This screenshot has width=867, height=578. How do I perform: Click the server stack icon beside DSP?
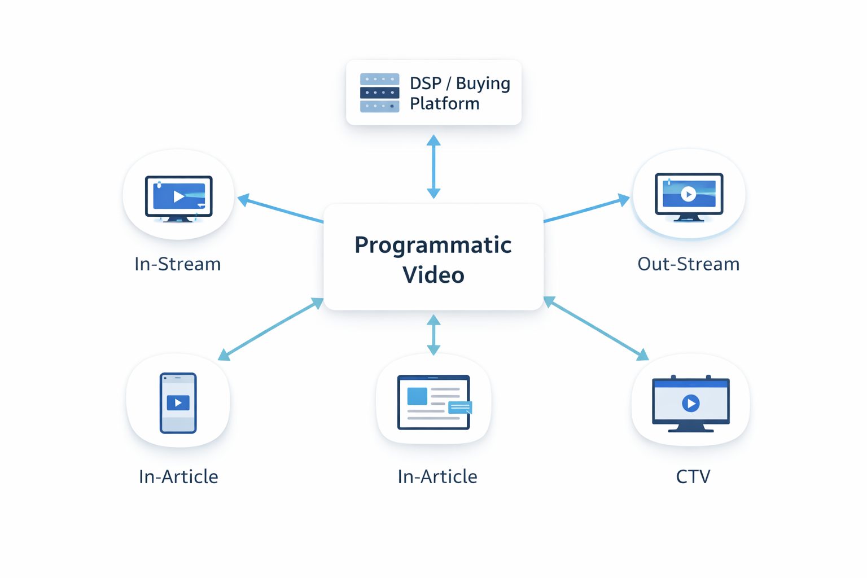coord(379,93)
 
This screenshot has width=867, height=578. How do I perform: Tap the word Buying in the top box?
coord(483,84)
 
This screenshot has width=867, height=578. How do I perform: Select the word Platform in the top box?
coord(444,104)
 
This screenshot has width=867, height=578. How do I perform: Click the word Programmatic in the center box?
coord(433,245)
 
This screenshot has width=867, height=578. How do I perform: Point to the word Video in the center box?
coord(433,275)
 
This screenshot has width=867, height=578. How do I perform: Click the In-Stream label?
coord(177,264)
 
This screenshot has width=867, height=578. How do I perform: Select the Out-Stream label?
coord(688,264)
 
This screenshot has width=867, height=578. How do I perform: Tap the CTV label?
coord(693,477)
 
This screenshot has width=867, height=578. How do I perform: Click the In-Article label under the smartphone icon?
coord(178,477)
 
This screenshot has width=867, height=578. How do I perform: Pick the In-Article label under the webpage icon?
coord(437,477)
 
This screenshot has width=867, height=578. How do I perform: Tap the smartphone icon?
coord(178,402)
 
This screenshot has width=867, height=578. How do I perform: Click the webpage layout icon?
coord(433,402)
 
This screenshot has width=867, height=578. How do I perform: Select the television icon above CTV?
coord(691,402)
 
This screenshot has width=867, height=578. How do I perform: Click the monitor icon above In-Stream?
coord(178,198)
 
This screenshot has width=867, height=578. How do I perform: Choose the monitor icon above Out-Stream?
coord(689,196)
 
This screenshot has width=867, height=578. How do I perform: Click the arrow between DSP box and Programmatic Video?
coord(433,167)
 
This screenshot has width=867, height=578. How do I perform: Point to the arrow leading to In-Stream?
coord(281,209)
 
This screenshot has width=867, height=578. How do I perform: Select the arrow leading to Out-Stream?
coord(586,209)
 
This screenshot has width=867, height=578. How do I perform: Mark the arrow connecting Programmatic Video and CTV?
coord(596,329)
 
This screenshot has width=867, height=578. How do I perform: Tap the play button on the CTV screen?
coord(691,403)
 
